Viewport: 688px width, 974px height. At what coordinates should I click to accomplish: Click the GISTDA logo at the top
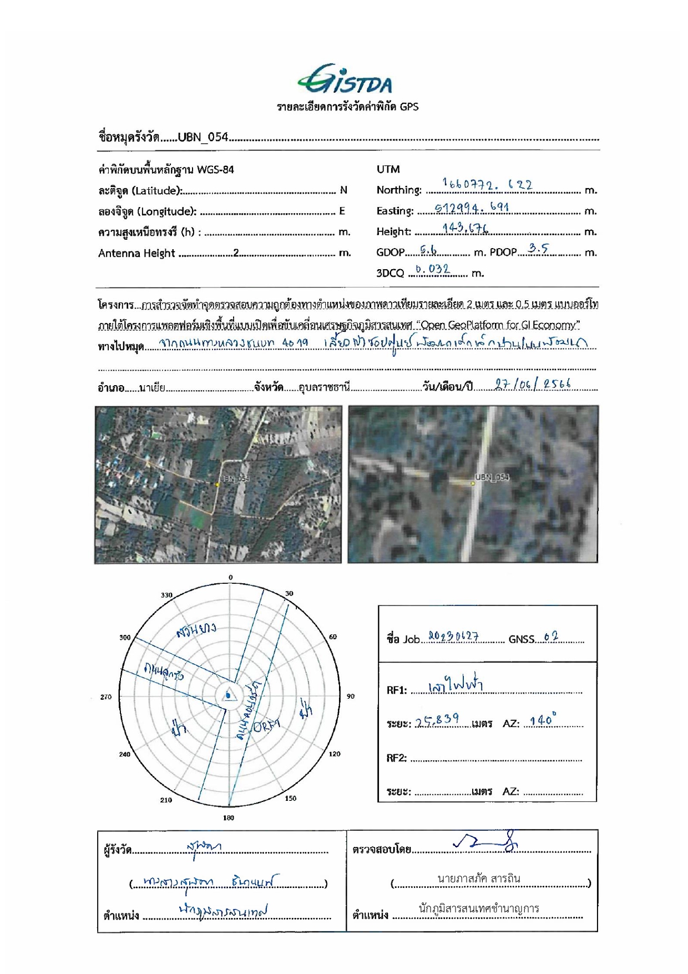345,80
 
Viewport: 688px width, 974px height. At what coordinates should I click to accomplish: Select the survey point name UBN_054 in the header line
203,137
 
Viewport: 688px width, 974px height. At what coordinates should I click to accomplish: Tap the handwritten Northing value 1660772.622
487,184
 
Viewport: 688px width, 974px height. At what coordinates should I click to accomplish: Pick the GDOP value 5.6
428,251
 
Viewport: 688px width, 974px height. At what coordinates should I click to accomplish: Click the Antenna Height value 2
236,253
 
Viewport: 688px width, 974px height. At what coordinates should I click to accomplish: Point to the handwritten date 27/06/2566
533,385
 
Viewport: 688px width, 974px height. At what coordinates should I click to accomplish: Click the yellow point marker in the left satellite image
217,485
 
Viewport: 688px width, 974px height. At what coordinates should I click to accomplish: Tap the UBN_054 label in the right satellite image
492,477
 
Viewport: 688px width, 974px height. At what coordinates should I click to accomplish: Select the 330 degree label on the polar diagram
166,595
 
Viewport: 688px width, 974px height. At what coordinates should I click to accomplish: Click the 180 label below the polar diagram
229,817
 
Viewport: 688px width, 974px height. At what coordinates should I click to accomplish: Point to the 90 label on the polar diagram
351,697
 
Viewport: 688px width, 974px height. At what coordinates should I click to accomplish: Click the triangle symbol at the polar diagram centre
229,695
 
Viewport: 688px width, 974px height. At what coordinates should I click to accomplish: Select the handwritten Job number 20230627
453,637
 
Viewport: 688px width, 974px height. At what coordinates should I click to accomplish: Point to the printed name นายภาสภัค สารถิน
479,879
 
